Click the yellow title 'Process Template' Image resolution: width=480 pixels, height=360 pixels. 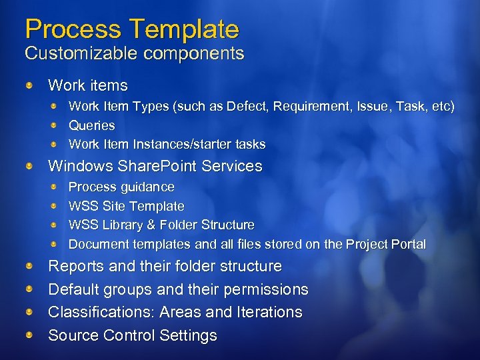pyautogui.click(x=131, y=29)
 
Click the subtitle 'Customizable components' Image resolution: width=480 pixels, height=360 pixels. pyautogui.click(x=134, y=53)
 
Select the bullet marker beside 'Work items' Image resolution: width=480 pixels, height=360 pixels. pyautogui.click(x=29, y=86)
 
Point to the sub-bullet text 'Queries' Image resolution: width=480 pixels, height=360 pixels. pyautogui.click(x=92, y=125)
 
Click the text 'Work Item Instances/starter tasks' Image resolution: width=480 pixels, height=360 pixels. pyautogui.click(x=167, y=144)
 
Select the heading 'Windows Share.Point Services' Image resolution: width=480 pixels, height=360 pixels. pyautogui.click(x=155, y=165)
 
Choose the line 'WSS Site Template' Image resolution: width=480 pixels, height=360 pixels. pyautogui.click(x=126, y=206)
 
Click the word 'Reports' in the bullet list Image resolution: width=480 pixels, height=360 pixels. pyautogui.click(x=75, y=266)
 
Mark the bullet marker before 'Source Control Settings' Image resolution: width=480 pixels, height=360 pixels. pyautogui.click(x=29, y=335)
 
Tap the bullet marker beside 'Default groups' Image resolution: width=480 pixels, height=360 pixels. pyautogui.click(x=29, y=289)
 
